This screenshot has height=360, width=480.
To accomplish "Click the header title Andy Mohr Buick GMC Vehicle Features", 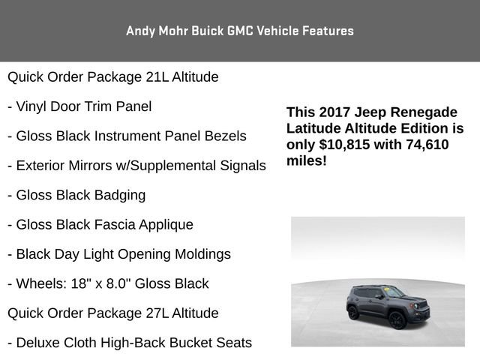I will (x=240, y=31).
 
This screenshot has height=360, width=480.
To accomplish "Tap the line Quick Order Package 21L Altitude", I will (x=112, y=76).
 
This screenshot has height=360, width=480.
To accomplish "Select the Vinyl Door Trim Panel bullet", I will (x=79, y=106).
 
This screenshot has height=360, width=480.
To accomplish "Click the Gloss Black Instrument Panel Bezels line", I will (x=127, y=136).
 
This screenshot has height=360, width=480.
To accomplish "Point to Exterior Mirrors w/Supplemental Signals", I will (x=136, y=165).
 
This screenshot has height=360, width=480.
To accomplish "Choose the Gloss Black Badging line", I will (x=76, y=195).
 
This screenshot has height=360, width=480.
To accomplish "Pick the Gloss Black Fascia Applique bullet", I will (x=100, y=224).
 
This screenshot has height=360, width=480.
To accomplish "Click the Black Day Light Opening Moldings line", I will (x=119, y=254).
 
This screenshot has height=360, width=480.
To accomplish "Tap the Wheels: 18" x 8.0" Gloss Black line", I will (x=108, y=283).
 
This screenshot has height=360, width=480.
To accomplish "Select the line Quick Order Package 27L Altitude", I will (x=112, y=313).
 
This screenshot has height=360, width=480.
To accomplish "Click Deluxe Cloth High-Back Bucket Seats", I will (x=130, y=343).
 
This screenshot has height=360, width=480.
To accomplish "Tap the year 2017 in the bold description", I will (x=336, y=112).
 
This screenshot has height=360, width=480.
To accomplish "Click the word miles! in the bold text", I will (x=307, y=161).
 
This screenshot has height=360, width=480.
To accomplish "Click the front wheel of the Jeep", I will (x=397, y=319).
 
